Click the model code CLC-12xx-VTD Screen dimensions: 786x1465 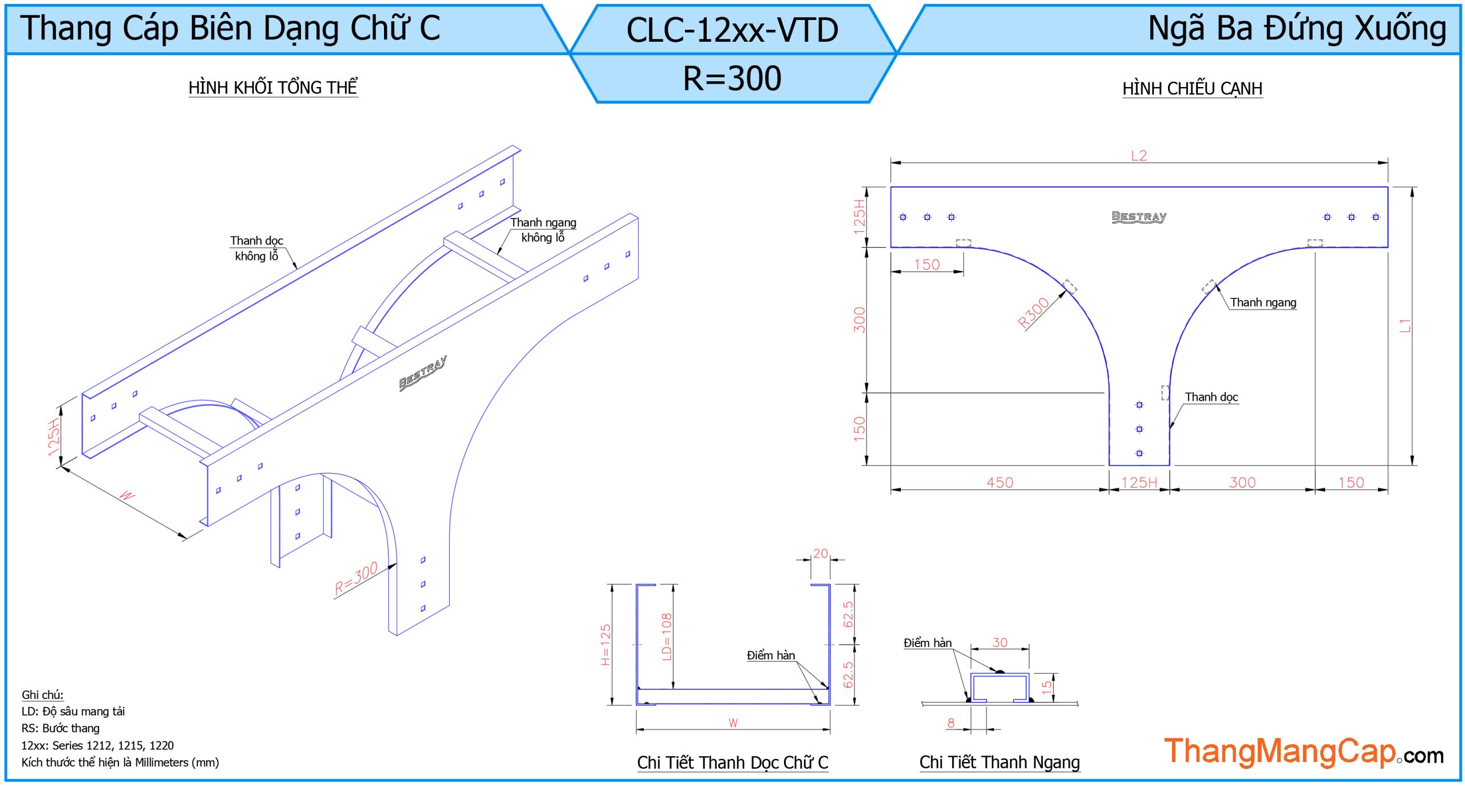click(732, 30)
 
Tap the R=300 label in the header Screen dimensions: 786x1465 click(732, 78)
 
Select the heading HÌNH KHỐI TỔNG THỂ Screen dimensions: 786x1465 click(273, 88)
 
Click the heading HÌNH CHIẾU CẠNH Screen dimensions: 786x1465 click(1192, 89)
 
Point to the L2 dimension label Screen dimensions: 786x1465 click(1139, 156)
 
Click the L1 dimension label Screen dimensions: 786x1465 click(1405, 326)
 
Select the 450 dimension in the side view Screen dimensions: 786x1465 click(999, 483)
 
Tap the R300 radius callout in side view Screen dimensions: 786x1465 click(1034, 313)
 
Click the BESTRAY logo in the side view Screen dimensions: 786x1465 click(1139, 217)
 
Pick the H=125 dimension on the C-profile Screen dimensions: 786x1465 click(605, 645)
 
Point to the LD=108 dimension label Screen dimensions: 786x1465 click(667, 637)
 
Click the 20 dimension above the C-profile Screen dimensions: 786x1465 click(820, 554)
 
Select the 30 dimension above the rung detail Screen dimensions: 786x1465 click(1000, 642)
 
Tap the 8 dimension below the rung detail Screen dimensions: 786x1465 click(951, 723)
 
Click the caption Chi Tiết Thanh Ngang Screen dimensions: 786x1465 click(999, 763)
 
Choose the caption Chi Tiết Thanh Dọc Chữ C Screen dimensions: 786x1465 click(732, 763)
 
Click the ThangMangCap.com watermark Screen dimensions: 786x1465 click(1303, 752)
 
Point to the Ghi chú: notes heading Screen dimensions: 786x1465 click(42, 695)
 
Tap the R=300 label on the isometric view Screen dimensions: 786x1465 click(356, 578)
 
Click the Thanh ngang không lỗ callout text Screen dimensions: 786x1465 click(543, 230)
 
